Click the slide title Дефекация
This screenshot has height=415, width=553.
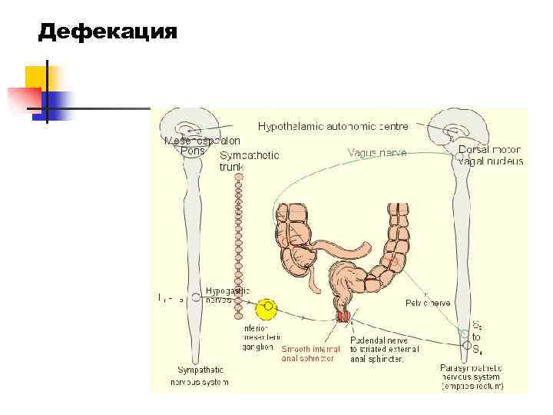tap(108, 32)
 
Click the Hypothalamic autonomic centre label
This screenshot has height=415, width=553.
tap(333, 125)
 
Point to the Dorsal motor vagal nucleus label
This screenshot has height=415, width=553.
tap(490, 155)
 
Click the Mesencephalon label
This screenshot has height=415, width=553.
tap(202, 141)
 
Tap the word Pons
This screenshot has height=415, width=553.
tap(192, 151)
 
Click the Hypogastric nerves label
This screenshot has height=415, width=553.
tap(227, 295)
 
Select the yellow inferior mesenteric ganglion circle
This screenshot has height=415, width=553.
tap(267, 309)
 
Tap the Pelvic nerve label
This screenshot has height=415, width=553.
tap(427, 304)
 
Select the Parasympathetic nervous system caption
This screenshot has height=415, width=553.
tap(472, 377)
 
